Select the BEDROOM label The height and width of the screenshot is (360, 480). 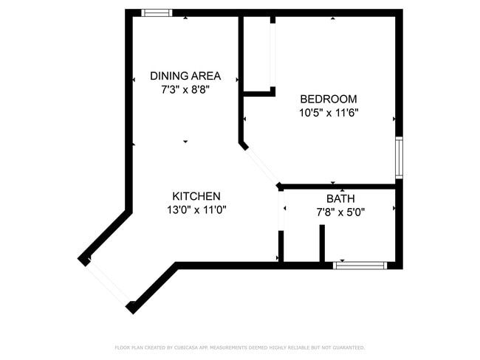(329, 99)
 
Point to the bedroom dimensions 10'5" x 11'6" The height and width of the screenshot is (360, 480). (329, 113)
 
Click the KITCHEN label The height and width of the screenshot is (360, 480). (196, 196)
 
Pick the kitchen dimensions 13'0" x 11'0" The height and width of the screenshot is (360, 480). (196, 210)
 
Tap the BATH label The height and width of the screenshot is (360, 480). (340, 199)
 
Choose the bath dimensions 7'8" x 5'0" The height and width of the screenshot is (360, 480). (340, 212)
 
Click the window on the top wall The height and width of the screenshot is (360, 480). (157, 13)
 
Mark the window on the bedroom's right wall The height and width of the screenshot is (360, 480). (399, 157)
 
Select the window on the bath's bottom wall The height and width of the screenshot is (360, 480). (360, 265)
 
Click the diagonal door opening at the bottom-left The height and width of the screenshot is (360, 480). (109, 282)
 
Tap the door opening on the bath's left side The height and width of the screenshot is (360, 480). (281, 210)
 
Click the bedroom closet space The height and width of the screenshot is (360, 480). (257, 55)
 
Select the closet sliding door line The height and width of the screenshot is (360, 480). (272, 55)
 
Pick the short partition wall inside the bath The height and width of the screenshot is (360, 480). (322, 243)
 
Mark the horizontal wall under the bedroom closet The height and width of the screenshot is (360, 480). (258, 94)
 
